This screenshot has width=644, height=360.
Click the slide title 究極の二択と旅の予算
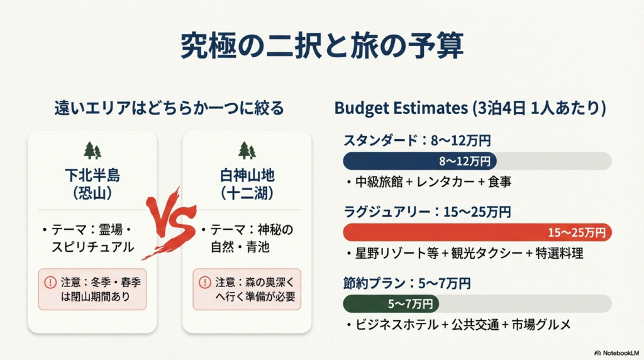pos(321,45)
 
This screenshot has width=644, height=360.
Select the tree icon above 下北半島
pos(92,150)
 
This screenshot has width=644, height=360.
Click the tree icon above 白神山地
pos(247,150)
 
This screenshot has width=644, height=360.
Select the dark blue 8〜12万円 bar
pos(419,161)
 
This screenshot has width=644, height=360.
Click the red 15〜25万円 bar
pos(477,233)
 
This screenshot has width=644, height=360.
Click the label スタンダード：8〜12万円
pos(417,140)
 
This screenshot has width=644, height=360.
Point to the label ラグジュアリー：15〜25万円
pos(427,212)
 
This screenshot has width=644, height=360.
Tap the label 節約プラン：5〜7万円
pos(407,284)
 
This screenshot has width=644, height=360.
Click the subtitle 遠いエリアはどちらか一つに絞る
pos(169,108)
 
